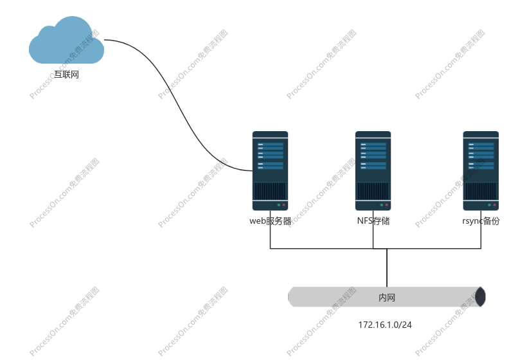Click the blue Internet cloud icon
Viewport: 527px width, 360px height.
coord(66,42)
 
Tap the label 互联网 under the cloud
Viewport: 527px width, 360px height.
coord(66,75)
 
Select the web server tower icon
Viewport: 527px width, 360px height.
coord(270,170)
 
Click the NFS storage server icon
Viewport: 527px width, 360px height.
coord(373,170)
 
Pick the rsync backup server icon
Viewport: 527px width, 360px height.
coord(481,170)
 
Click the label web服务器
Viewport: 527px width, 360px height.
coord(270,221)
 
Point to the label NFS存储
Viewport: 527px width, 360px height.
coord(373,221)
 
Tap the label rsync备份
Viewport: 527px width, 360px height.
coord(481,221)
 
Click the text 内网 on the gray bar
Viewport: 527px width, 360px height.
coord(386,298)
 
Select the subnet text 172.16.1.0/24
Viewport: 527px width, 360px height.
coord(385,325)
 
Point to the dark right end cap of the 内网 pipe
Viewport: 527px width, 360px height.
coord(480,297)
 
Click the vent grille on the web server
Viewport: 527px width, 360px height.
coord(270,191)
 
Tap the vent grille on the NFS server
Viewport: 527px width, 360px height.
coord(373,191)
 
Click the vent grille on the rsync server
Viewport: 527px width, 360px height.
coord(481,191)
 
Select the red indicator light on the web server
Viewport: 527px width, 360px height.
coord(283,205)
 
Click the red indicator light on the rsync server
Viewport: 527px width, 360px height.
coord(494,205)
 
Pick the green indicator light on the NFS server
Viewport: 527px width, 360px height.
coord(381,205)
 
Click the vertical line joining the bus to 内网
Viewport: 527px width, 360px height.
coord(386,267)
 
